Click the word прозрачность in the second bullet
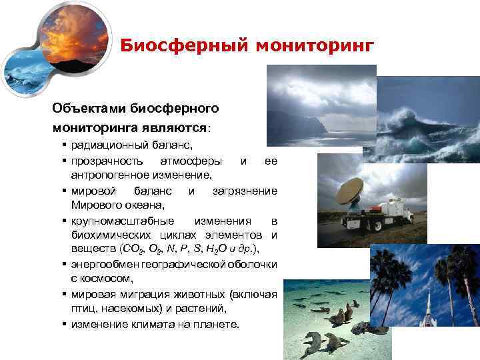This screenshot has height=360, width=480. click(107, 161)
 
